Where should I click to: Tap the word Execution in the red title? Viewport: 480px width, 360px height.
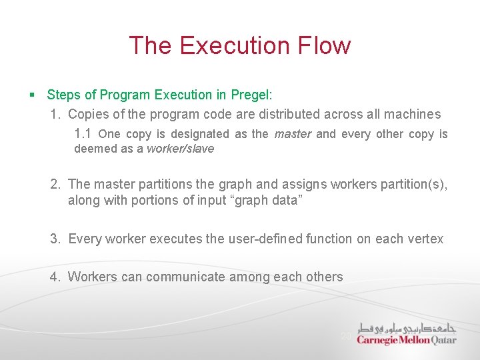coord(234,45)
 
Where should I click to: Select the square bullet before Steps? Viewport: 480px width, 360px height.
coord(33,95)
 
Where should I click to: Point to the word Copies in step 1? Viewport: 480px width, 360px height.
coord(89,114)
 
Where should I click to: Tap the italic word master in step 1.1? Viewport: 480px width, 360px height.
coord(292,134)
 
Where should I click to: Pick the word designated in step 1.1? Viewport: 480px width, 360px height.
coord(199,134)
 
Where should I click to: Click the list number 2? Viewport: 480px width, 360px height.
coord(56,184)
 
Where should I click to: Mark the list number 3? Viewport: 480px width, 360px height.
coord(56,239)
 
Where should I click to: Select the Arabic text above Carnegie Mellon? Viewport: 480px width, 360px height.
coord(407,328)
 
